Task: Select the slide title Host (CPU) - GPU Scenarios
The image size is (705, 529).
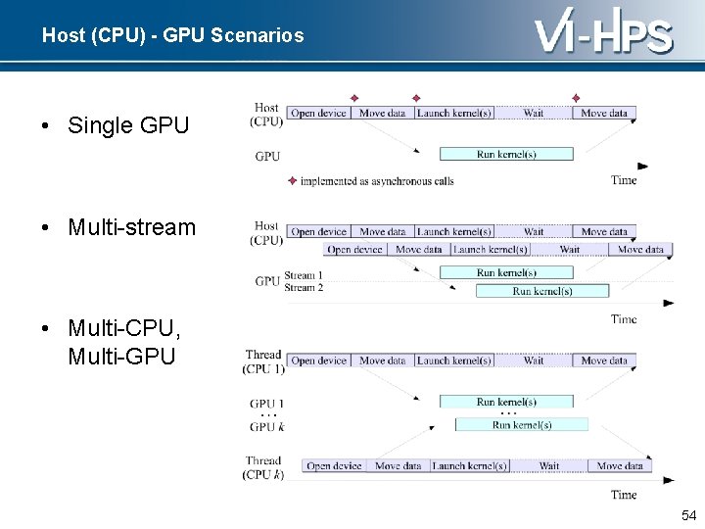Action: pos(172,36)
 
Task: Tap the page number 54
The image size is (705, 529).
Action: pos(688,515)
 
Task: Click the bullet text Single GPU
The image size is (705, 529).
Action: pos(128,125)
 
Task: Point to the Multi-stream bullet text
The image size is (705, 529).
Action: pos(131,227)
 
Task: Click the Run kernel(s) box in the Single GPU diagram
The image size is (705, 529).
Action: pos(506,154)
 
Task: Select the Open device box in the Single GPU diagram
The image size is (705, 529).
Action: pos(319,114)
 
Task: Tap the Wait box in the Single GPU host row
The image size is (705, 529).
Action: pos(534,114)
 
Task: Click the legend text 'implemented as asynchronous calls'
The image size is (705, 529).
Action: pos(376,181)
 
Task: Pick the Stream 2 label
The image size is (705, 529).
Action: pos(304,287)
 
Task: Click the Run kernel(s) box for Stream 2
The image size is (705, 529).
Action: pos(541,291)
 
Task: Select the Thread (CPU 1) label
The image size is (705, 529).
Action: pos(263,361)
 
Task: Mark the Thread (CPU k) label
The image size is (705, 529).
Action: pos(263,467)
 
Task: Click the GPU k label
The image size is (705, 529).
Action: pos(266,427)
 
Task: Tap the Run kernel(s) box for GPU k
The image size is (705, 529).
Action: pos(522,425)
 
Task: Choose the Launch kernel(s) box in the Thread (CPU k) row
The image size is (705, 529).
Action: pos(469,466)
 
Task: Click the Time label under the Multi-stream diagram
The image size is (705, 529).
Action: pos(624,319)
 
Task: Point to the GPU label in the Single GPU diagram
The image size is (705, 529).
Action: pos(267,156)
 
